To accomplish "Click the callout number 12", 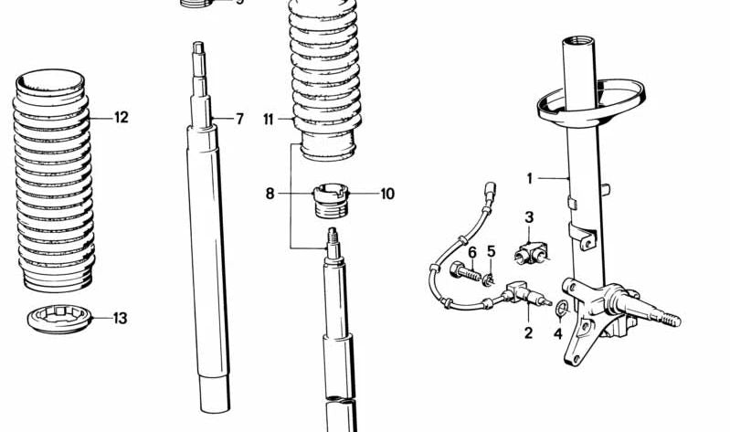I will point(121,117).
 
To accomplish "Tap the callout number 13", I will point(120,319).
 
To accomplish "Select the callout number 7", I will point(239,119).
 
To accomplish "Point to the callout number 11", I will point(268,119).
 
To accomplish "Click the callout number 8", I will point(270,194).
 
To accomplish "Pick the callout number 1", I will point(528,177).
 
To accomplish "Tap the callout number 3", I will point(528,216).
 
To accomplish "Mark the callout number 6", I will point(472,252).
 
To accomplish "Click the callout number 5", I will point(491,252).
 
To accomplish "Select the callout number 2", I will point(527,332).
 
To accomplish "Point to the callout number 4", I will point(557,332).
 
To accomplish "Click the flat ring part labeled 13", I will point(59,321).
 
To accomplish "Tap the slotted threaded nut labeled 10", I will point(331,199).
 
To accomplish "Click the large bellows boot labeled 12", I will point(54,183).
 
